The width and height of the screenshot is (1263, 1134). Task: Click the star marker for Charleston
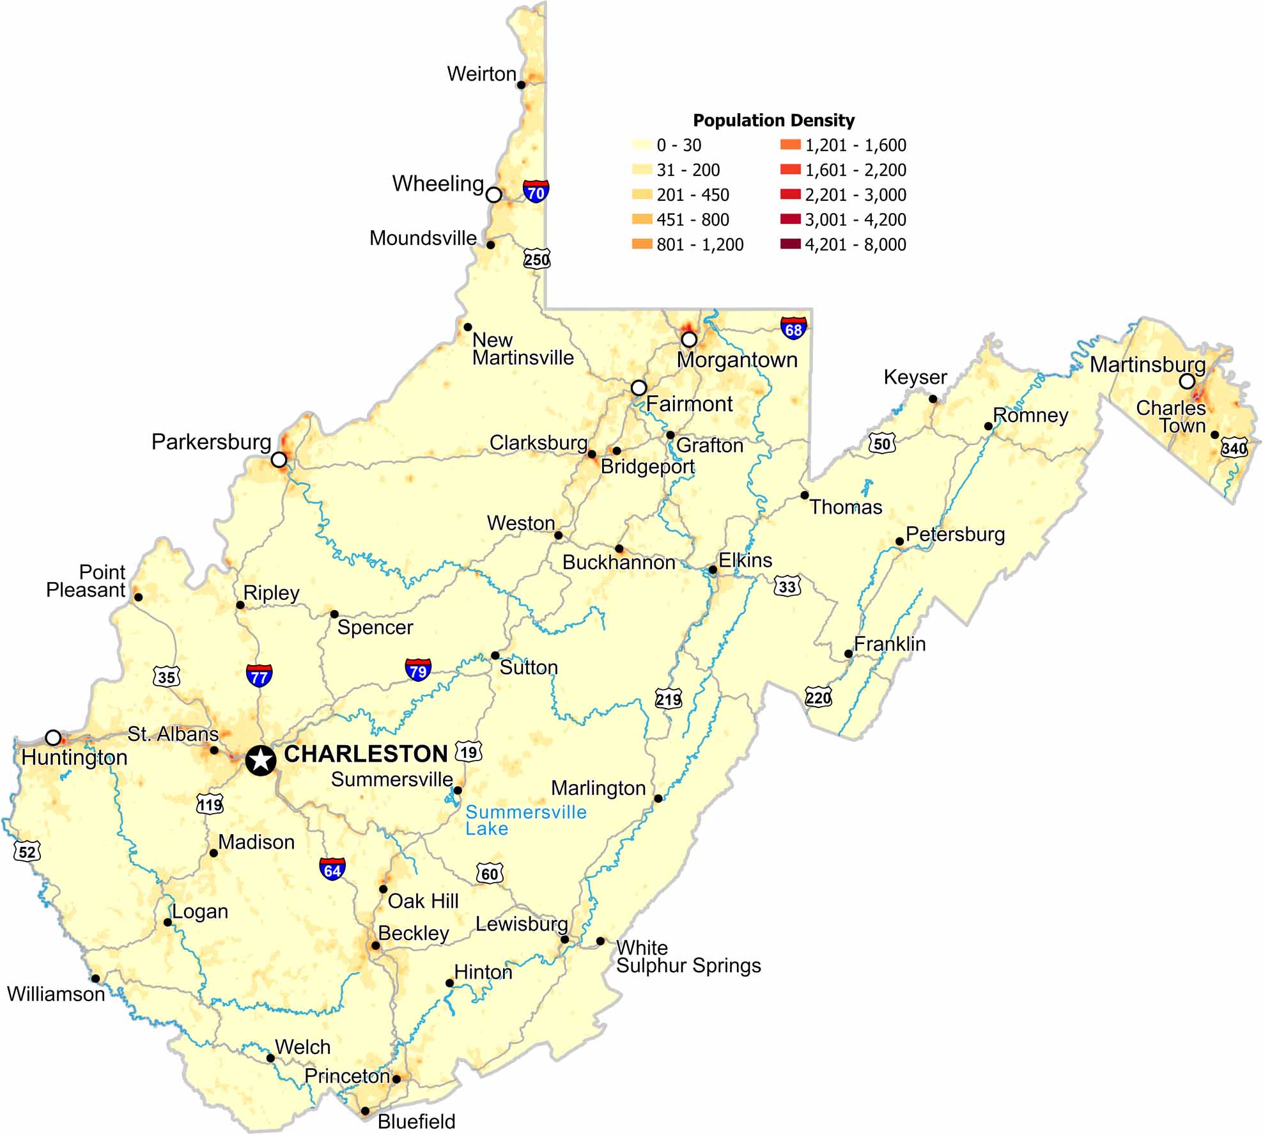pyautogui.click(x=261, y=760)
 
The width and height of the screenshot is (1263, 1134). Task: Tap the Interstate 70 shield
pyautogui.click(x=536, y=191)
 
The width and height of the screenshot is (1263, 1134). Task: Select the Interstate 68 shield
pyautogui.click(x=793, y=328)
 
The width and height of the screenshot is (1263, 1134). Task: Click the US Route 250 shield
pyautogui.click(x=537, y=259)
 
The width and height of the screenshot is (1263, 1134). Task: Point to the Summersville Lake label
pyautogui.click(x=525, y=821)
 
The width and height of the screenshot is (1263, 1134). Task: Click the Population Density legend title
pyautogui.click(x=773, y=120)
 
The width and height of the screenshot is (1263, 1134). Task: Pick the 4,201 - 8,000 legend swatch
pyautogui.click(x=791, y=244)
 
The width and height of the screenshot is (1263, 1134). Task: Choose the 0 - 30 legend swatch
pyautogui.click(x=642, y=145)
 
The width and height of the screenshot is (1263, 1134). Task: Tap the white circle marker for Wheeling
pyautogui.click(x=493, y=194)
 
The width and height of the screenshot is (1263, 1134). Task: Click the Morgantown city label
pyautogui.click(x=737, y=359)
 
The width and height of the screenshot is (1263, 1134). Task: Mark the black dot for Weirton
pyautogui.click(x=521, y=84)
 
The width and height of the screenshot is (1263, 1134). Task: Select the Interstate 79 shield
pyautogui.click(x=418, y=670)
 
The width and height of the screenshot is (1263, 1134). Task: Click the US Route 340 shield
pyautogui.click(x=1234, y=448)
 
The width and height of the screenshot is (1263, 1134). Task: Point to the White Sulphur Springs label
pyautogui.click(x=688, y=957)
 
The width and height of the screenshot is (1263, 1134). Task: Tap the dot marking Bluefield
pyautogui.click(x=365, y=1111)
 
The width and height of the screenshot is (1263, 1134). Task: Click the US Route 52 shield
pyautogui.click(x=27, y=851)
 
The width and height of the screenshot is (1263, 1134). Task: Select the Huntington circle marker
pyautogui.click(x=53, y=737)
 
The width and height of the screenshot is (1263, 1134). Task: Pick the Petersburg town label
pyautogui.click(x=955, y=534)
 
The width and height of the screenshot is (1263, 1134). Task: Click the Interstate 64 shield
pyautogui.click(x=332, y=869)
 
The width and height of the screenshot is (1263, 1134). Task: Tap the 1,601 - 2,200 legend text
pyautogui.click(x=855, y=170)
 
